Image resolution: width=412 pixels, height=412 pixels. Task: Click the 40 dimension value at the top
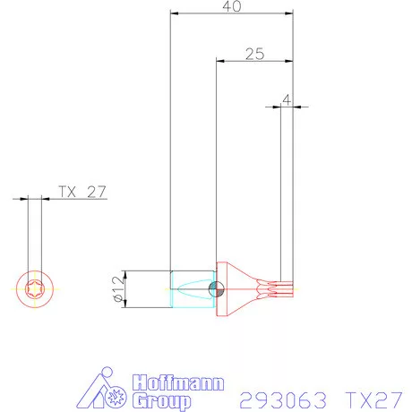pyautogui.click(x=232, y=6)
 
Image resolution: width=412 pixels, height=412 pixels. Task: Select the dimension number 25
pyautogui.click(x=254, y=54)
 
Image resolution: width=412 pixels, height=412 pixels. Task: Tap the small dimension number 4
pyautogui.click(x=287, y=99)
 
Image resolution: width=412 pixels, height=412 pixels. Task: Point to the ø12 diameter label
pyautogui.click(x=116, y=289)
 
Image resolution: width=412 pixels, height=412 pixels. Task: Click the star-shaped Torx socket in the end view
pyautogui.click(x=35, y=290)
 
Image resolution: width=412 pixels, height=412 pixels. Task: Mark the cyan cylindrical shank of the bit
pyautogui.click(x=191, y=289)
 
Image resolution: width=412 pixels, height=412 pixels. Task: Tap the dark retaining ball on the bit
pyautogui.click(x=213, y=288)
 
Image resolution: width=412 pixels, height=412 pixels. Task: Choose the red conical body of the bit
pyautogui.click(x=236, y=288)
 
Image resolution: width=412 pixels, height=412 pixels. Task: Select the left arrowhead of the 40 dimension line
pyautogui.click(x=174, y=14)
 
